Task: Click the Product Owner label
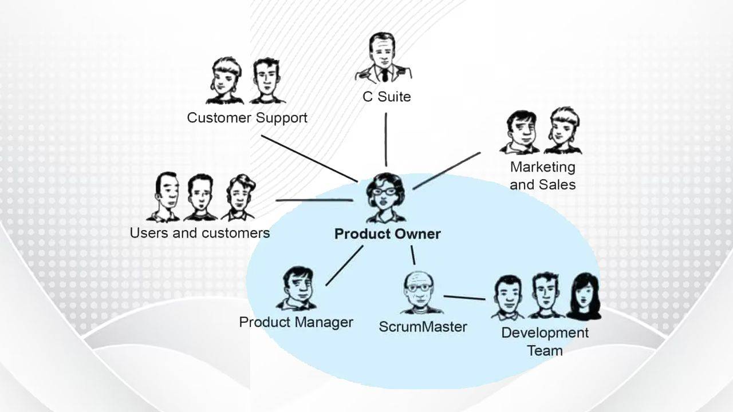click(387, 234)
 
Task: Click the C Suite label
click(387, 97)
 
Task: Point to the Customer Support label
click(247, 118)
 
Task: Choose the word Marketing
click(542, 167)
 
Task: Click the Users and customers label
click(199, 233)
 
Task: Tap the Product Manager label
click(296, 322)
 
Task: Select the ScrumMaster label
click(423, 327)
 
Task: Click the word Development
click(545, 333)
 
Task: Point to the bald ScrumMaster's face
click(419, 291)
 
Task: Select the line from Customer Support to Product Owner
click(309, 158)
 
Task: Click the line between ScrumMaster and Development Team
click(464, 298)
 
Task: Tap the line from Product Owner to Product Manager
click(344, 266)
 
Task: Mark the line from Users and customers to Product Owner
click(314, 200)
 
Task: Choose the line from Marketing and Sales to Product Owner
click(447, 170)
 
